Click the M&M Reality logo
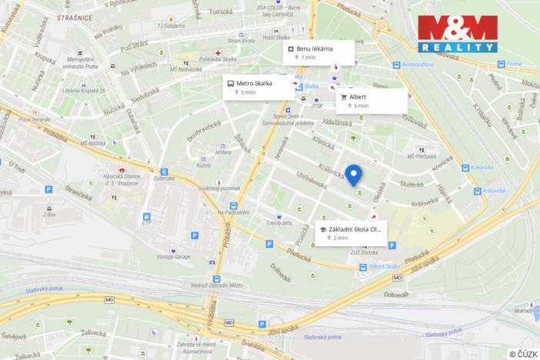tap(457, 33)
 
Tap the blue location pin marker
tap(353, 175)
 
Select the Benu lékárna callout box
tap(318, 52)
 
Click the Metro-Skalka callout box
tap(258, 87)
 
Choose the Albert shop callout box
tap(372, 101)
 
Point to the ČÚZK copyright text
tap(522, 353)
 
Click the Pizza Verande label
tap(34, 119)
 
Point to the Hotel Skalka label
tap(276, 37)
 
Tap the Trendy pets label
tap(279, 223)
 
